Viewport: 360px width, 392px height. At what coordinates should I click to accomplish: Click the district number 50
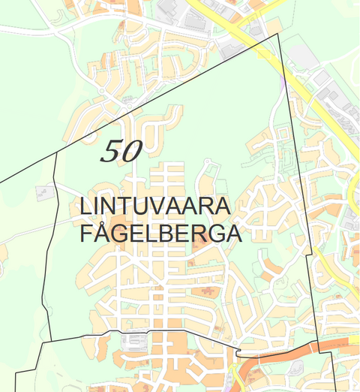point(121,152)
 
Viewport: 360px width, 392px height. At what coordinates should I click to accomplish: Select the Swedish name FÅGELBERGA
point(160,233)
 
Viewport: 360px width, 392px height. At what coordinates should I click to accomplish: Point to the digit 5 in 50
point(110,152)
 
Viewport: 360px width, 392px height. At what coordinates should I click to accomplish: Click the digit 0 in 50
point(130,152)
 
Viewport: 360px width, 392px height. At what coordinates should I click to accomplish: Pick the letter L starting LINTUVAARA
point(84,206)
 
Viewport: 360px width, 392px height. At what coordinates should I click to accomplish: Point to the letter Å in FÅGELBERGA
point(102,232)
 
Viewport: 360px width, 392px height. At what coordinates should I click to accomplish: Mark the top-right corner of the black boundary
point(278,34)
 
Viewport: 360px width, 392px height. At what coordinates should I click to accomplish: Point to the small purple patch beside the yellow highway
point(281,85)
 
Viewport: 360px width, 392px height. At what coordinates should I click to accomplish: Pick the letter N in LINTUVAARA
point(109,206)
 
